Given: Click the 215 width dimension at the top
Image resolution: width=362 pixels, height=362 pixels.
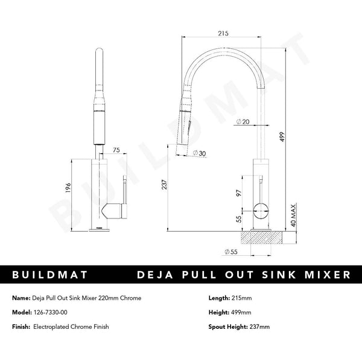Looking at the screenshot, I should click(223, 34).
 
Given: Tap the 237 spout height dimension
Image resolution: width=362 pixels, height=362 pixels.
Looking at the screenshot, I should click(164, 186).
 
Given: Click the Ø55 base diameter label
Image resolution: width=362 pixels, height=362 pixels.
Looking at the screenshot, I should click(229, 251).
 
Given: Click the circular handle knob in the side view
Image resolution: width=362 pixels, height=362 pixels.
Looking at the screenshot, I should click(260, 211).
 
